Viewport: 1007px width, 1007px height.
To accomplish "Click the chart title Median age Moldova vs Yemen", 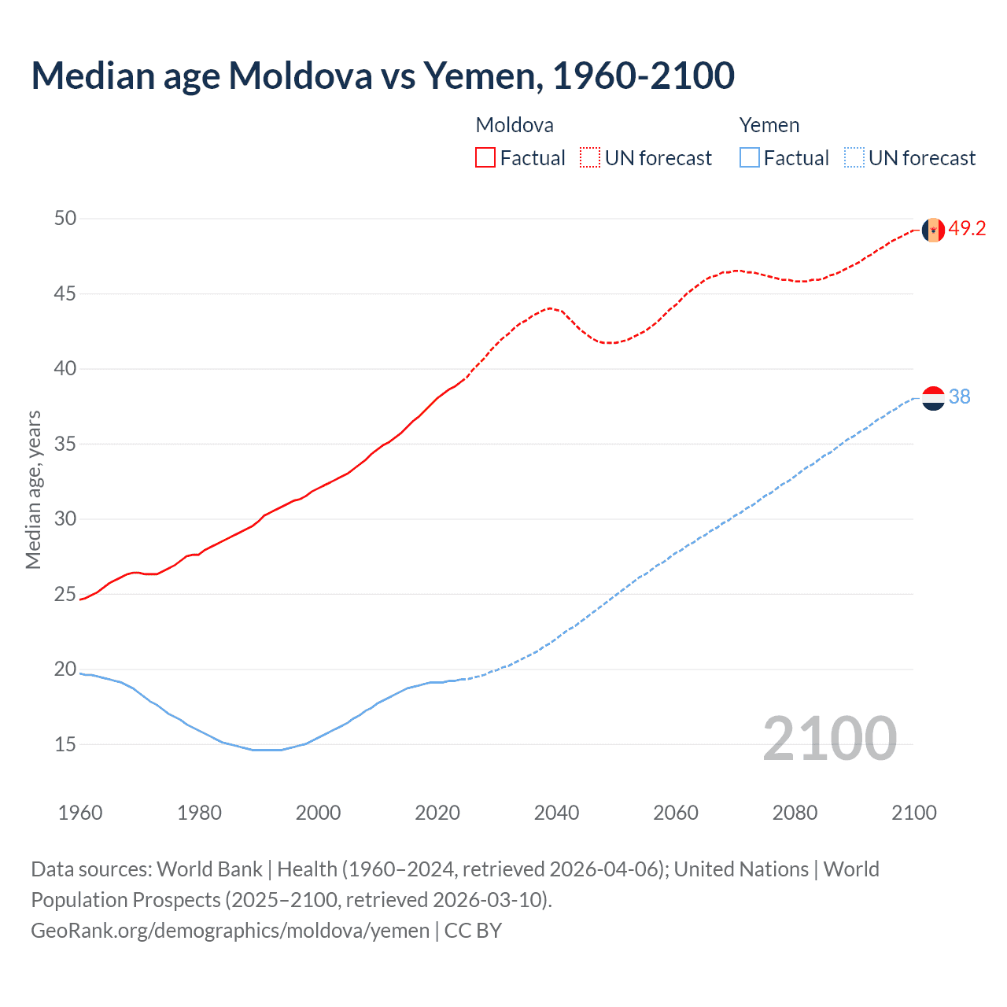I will point(382,76).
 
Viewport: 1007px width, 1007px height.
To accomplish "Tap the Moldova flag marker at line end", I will point(933,230).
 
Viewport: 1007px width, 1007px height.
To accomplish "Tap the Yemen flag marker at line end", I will point(933,398).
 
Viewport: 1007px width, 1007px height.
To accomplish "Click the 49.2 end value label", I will point(967,229).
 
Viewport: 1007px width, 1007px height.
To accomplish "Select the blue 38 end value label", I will point(960,397).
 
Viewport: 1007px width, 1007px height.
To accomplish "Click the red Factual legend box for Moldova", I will point(485,158).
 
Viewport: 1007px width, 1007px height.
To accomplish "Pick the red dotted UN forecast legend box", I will point(590,158).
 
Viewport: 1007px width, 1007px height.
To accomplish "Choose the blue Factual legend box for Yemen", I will point(750,158).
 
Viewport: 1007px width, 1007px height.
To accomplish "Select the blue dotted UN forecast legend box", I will point(854,158).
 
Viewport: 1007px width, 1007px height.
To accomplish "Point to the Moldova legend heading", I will point(515,125).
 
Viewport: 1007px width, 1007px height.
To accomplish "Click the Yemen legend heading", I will point(769,125).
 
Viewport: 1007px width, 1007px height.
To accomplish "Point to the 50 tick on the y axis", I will point(65,219).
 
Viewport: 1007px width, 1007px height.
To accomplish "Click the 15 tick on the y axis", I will point(65,744).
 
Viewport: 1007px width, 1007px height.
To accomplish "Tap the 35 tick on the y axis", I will point(65,444).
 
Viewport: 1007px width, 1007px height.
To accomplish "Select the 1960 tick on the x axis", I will point(80,813).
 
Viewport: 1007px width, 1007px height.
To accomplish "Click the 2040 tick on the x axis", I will point(556,813).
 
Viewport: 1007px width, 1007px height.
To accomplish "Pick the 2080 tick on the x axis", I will point(795,813).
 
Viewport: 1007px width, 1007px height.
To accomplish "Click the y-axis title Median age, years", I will point(33,489).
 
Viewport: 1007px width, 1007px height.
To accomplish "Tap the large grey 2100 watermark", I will point(829,739).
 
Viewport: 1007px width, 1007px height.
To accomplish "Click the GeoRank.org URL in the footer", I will point(231,931).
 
